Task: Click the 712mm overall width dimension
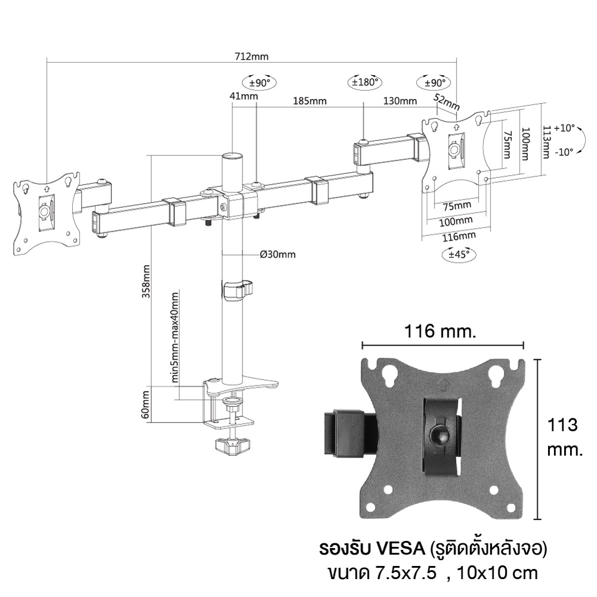coord(251,57)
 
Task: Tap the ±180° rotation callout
coord(365,82)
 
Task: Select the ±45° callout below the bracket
coord(458,254)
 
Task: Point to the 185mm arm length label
coord(309,101)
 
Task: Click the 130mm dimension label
coord(400,101)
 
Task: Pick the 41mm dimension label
coord(244,96)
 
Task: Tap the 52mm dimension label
coord(447,102)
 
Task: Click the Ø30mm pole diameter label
coord(278,254)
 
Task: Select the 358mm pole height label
coord(146,281)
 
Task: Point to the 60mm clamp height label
coord(145,404)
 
